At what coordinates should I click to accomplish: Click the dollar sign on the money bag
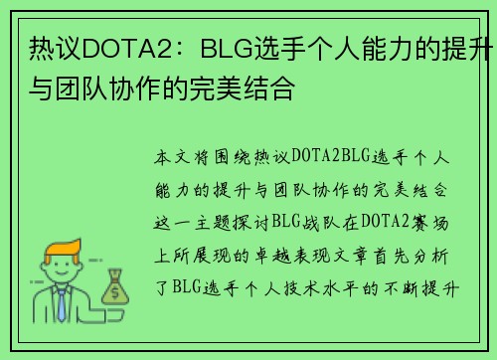[x=113, y=292]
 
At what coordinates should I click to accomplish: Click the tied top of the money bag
[x=112, y=271]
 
